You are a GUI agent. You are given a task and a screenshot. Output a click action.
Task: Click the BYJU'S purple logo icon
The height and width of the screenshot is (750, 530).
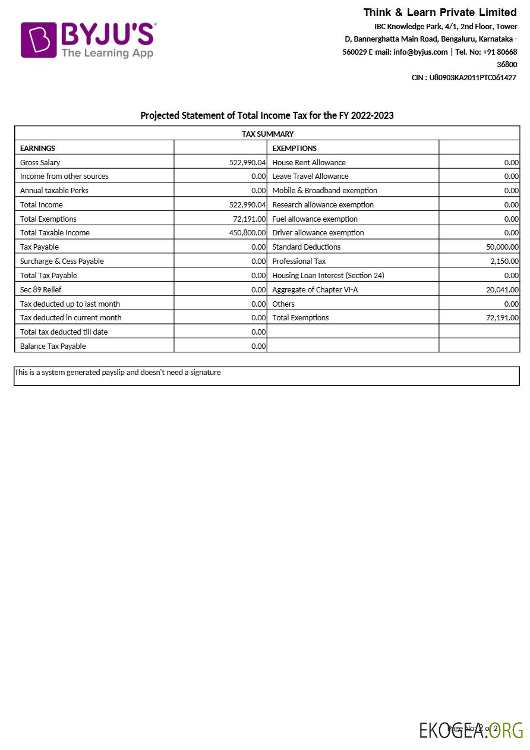(x=39, y=40)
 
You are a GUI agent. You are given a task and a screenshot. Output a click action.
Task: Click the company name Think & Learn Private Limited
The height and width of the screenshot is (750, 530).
(x=440, y=12)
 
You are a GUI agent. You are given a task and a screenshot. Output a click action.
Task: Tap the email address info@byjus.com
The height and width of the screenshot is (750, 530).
(x=420, y=52)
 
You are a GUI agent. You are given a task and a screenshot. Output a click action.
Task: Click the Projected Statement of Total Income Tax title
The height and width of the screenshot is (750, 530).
(x=267, y=115)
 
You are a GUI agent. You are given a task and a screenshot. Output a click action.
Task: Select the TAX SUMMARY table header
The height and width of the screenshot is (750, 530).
(x=267, y=134)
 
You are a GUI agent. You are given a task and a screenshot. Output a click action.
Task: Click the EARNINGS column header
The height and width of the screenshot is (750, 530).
(x=37, y=148)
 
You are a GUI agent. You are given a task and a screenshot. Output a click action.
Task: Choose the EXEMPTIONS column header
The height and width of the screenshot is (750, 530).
(x=294, y=148)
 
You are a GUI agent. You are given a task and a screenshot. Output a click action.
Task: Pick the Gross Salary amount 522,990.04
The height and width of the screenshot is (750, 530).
(x=247, y=162)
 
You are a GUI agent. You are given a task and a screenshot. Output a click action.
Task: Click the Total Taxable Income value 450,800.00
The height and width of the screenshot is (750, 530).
(x=247, y=233)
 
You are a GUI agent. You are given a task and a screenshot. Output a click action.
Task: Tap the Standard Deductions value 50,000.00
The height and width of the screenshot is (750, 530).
(x=502, y=247)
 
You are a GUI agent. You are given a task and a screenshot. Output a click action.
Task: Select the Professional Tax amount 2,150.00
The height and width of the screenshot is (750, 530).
(x=504, y=261)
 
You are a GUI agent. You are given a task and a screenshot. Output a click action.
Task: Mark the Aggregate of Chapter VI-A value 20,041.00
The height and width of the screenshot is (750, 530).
(x=502, y=290)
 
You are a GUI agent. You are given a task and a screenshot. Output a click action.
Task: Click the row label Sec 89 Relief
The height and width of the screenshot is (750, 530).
(x=41, y=290)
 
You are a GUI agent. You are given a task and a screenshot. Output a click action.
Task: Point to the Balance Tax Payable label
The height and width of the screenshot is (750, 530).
(x=53, y=346)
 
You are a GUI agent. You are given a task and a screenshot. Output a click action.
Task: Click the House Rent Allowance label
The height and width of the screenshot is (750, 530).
(x=308, y=162)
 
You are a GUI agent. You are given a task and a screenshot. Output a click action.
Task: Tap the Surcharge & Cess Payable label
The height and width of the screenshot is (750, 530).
(x=62, y=261)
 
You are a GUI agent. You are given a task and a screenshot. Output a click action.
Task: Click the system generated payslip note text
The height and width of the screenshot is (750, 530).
(x=118, y=373)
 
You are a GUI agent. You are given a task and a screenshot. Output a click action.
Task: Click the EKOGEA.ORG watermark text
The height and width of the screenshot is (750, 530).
(x=471, y=730)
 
